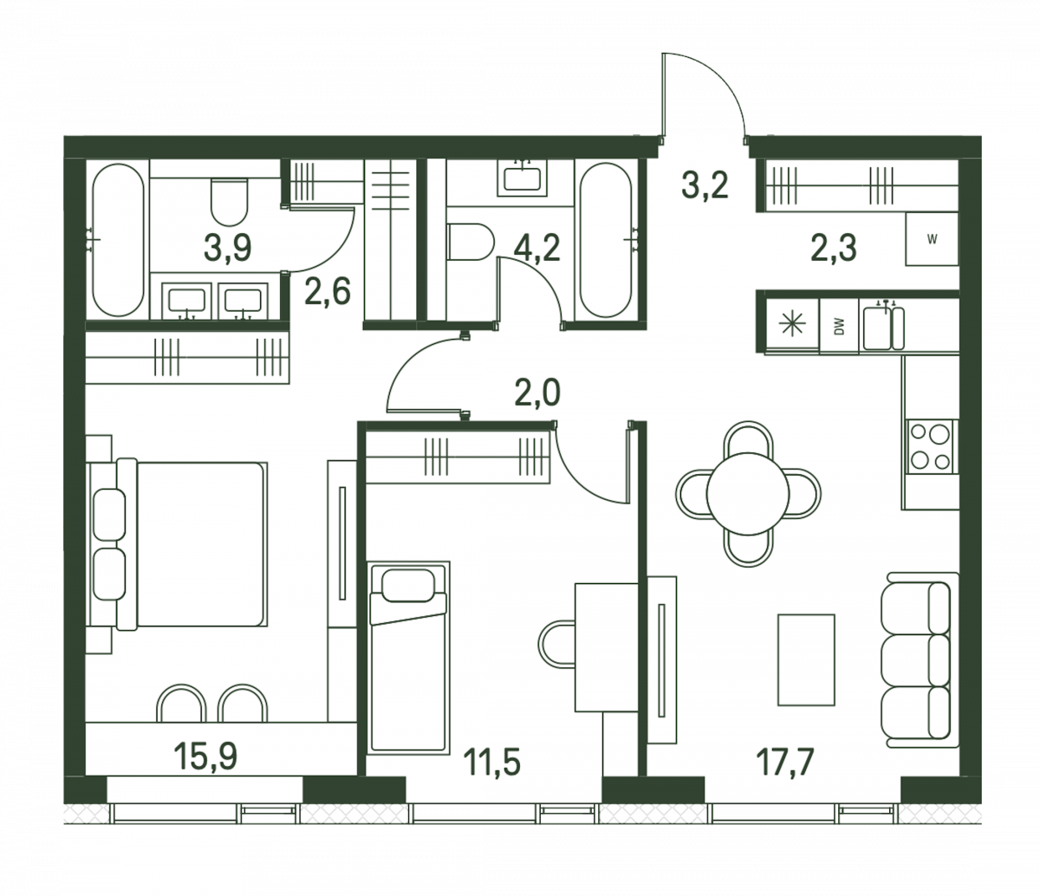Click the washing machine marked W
pos(932,239)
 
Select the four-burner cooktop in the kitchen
pos(930,446)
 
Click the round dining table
pos(748,494)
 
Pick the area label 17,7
pos(785,763)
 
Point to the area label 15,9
pos(205,756)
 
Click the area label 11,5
pos(491,763)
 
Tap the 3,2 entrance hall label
pos(705,185)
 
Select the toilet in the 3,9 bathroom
pos(230,202)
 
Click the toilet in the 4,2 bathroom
pos(470,242)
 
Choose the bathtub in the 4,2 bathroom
pos(606,240)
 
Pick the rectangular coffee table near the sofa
pos(806,659)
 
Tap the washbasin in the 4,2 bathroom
pos(523,179)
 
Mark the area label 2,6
pos(328,291)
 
